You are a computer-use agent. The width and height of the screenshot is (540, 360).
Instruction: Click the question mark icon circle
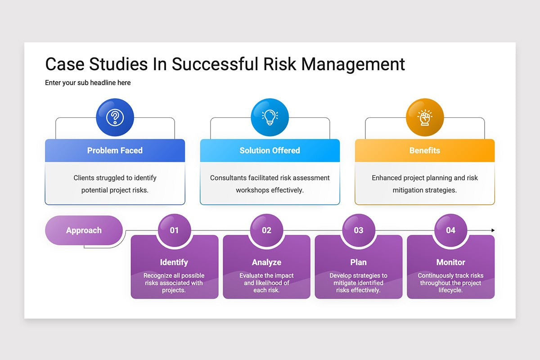(x=115, y=117)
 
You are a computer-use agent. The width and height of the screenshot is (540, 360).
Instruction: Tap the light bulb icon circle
(x=270, y=117)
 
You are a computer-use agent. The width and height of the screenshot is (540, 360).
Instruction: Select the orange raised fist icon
(x=425, y=117)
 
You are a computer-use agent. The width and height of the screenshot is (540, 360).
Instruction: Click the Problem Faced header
(x=115, y=150)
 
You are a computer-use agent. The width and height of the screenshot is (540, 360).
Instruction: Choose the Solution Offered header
(x=270, y=150)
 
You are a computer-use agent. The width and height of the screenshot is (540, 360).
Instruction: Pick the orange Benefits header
(x=425, y=150)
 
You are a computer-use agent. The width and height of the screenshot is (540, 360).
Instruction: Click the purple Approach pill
(x=84, y=230)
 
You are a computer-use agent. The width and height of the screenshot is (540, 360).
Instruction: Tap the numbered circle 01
(x=174, y=230)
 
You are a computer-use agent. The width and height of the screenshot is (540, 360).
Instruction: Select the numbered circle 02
(x=266, y=230)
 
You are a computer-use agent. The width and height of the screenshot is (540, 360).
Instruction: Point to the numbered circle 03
(x=359, y=230)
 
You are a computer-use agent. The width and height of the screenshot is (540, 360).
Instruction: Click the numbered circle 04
(x=450, y=230)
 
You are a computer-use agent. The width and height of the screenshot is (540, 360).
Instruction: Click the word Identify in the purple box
(x=174, y=262)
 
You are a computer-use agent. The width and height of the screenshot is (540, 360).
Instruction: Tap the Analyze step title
(x=266, y=262)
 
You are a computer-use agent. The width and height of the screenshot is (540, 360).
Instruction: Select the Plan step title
(x=359, y=262)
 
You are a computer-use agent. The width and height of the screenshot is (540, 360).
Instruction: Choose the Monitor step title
(x=450, y=262)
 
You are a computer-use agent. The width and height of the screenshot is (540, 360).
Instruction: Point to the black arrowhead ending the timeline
(x=493, y=230)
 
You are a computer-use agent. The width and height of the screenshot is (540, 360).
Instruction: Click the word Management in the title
(x=353, y=64)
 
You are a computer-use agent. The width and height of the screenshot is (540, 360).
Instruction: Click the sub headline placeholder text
(x=88, y=83)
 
